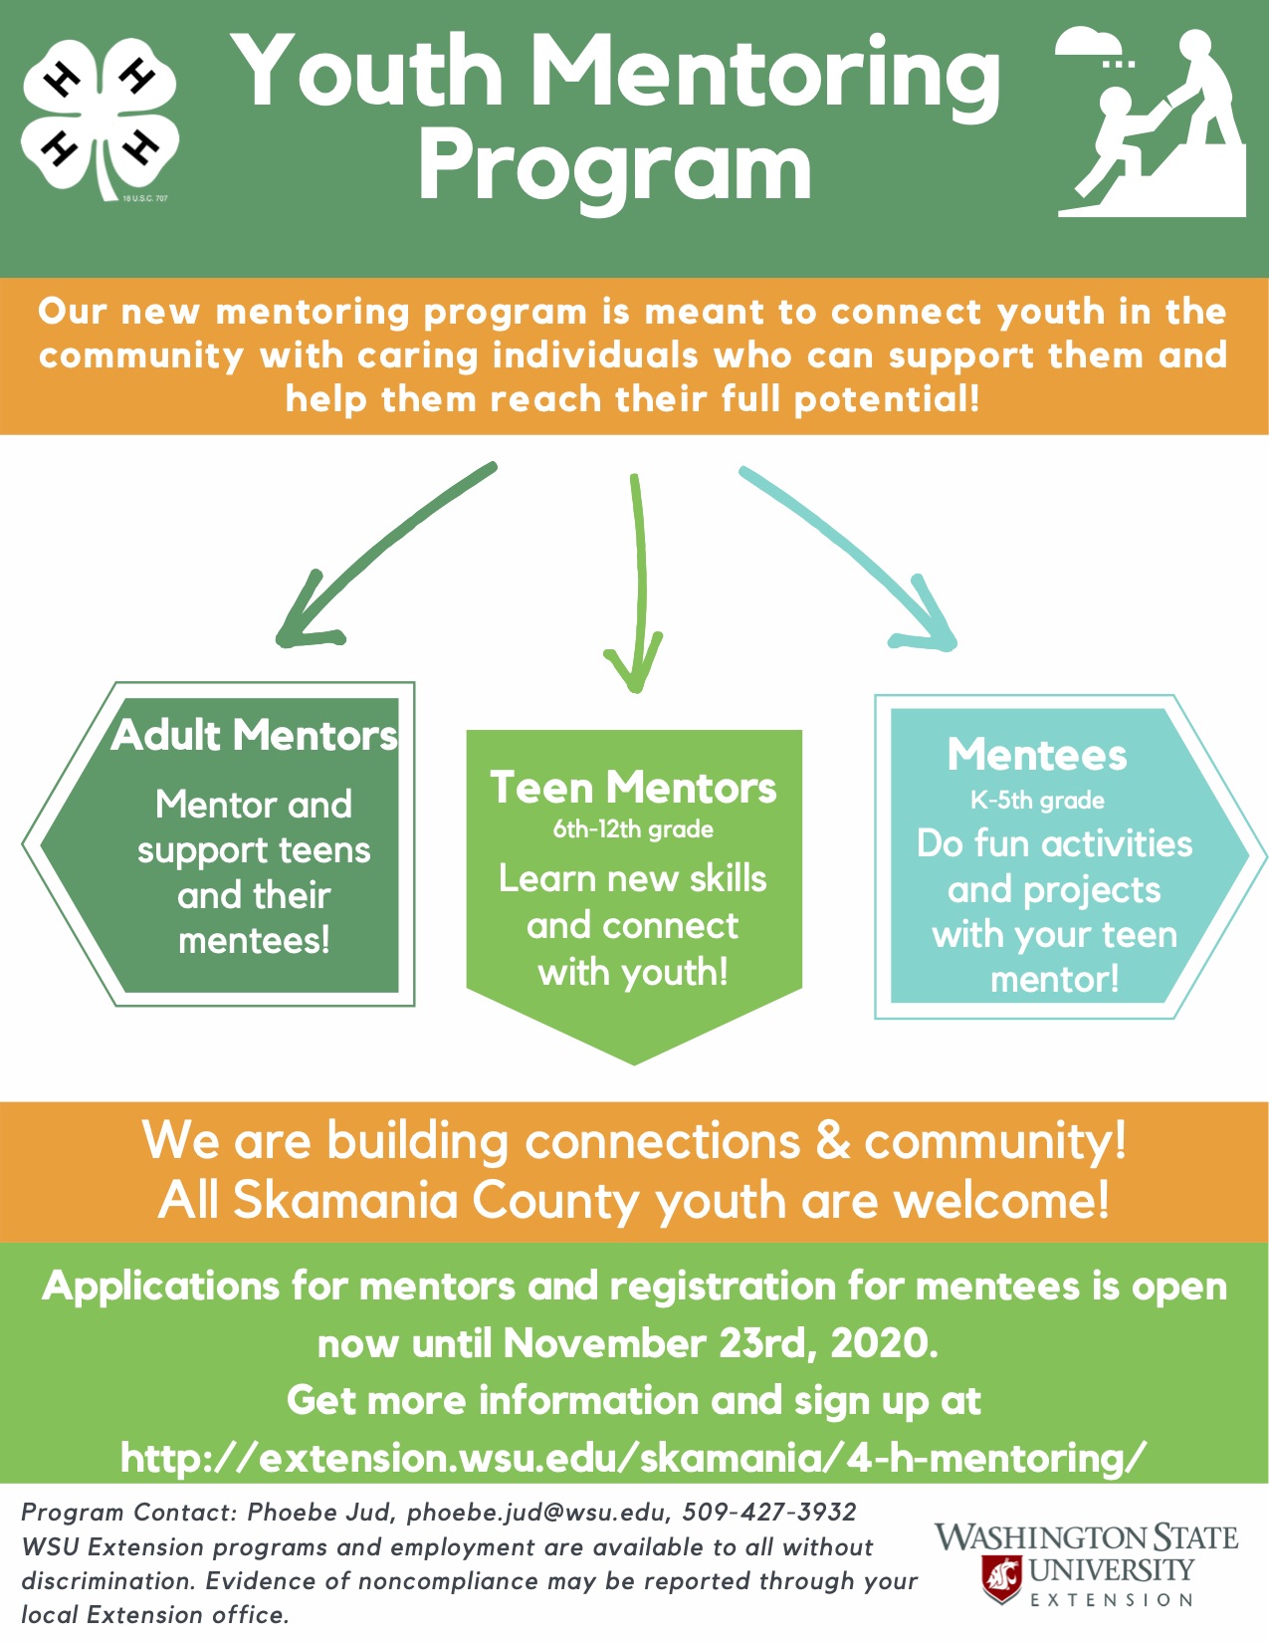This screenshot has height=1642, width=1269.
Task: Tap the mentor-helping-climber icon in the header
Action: [1152, 122]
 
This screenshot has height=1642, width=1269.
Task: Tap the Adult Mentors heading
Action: [254, 735]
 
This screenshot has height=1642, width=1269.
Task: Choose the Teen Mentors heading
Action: [633, 788]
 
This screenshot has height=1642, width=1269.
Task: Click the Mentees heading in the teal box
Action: [1037, 754]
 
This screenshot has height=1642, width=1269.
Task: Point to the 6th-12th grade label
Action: [633, 829]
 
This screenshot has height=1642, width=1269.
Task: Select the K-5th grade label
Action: [1037, 801]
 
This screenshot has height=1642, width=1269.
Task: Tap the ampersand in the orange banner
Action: [832, 1140]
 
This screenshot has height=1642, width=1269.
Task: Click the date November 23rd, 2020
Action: [721, 1343]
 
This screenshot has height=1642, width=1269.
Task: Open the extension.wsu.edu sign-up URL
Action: [633, 1458]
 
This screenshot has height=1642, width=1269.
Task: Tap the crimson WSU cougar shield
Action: [1001, 1578]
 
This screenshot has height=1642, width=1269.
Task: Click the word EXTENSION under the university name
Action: [1111, 1600]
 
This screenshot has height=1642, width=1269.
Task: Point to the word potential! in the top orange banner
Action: [887, 399]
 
